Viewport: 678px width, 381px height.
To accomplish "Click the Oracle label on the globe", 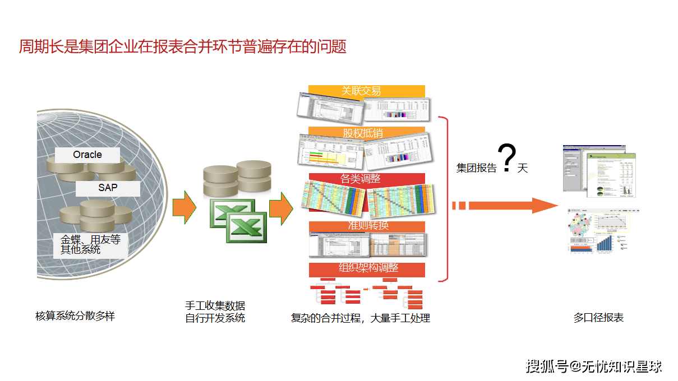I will (87, 155).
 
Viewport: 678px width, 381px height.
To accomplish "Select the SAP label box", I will (108, 188).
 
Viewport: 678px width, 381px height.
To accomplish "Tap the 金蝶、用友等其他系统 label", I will (90, 244).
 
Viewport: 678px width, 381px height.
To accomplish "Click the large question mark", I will (507, 158).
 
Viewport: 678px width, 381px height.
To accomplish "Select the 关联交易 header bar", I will (366, 91).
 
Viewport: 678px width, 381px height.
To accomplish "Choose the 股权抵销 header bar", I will (366, 133).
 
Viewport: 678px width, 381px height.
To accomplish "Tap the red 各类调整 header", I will (366, 179).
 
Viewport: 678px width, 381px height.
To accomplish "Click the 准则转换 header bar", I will (366, 226).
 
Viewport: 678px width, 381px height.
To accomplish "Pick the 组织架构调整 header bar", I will (366, 268).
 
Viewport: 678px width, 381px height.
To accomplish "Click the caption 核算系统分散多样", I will (75, 317).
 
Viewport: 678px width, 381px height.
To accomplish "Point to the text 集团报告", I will (476, 168).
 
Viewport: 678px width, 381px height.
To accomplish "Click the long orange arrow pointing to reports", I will (505, 205).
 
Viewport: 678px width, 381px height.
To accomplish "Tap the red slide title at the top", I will (183, 47).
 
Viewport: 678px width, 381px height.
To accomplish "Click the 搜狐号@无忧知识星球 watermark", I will (594, 366).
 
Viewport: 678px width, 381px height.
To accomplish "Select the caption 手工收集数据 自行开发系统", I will (215, 312).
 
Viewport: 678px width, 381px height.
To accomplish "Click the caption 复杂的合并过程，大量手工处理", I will (360, 318).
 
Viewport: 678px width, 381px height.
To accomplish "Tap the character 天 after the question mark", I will (523, 168).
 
